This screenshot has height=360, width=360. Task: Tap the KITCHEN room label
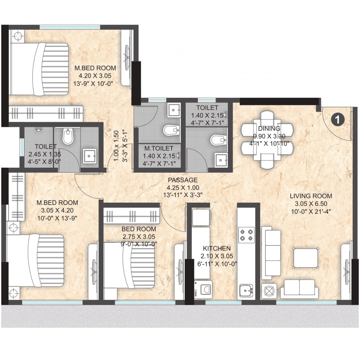(x=217, y=248)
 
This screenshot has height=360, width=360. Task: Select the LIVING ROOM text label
(x=311, y=196)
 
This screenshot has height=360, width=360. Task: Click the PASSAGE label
(x=183, y=180)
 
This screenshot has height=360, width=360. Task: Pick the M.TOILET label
(x=159, y=148)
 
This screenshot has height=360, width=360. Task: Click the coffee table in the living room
(x=305, y=258)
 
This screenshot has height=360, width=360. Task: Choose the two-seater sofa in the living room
(x=299, y=289)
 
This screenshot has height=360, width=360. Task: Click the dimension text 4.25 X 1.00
(x=183, y=188)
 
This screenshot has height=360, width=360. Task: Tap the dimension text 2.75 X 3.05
(x=139, y=237)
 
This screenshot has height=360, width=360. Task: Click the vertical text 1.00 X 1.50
(x=117, y=146)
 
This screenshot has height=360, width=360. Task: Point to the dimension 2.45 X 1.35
(x=44, y=154)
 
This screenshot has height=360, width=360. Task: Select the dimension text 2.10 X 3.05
(x=217, y=256)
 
